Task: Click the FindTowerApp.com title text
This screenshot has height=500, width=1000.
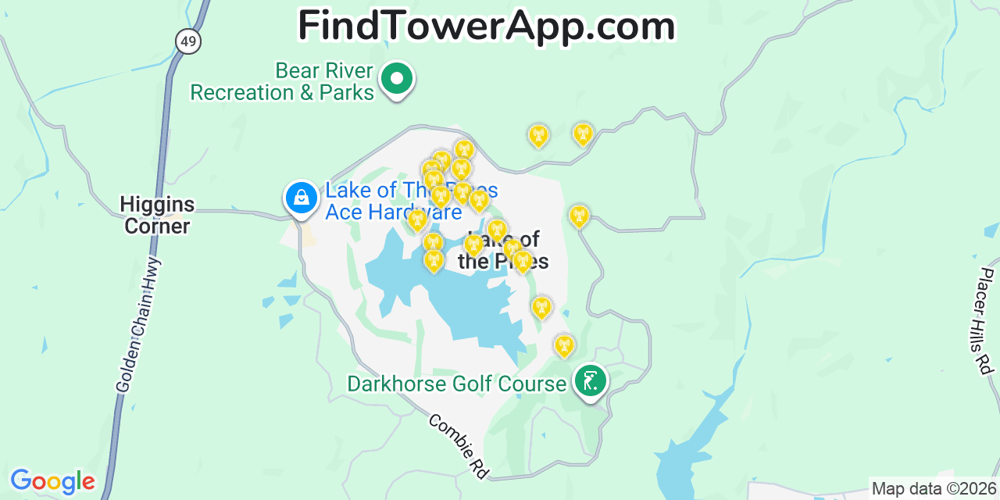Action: coord(486,26)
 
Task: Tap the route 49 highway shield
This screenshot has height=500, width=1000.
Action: coord(188,41)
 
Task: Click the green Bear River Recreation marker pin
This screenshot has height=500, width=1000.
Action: coord(397,79)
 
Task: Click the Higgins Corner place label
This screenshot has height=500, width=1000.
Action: coord(157,216)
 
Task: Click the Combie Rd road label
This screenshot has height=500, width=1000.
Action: coord(459,446)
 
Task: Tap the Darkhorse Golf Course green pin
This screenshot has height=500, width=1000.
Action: coord(591,381)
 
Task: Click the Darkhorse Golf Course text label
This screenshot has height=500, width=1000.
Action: coord(456,384)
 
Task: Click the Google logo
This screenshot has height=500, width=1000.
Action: coord(52,481)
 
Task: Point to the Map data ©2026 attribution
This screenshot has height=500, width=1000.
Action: coord(934,489)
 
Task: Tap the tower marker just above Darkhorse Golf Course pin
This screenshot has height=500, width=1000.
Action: coord(564,345)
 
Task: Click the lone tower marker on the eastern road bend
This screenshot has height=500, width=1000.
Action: coord(578,216)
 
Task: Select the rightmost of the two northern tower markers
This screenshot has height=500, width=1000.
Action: coord(583,134)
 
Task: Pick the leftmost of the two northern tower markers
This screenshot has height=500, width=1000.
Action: coord(537,136)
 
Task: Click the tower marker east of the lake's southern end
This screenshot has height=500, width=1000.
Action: coord(541,307)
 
